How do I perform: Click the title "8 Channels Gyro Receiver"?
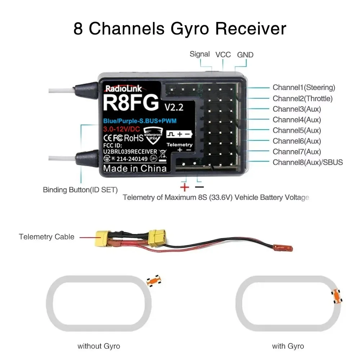pos(180,29)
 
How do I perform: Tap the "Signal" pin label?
pos(199,54)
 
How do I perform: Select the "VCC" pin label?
pos(223,55)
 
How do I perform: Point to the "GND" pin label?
pos(245,55)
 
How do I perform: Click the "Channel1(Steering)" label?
pos(304,87)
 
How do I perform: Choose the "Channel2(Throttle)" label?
pos(302,98)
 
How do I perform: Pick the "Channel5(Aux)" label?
pos(297,130)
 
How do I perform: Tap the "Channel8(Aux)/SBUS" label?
pos(308,162)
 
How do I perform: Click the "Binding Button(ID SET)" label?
pos(80,190)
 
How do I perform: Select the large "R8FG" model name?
pos(130,103)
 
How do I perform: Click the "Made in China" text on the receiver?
pos(135,168)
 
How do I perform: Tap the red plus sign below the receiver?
pos(185,187)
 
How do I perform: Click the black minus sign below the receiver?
pos(199,187)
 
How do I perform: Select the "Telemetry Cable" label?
pos(46,237)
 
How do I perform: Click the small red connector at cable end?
pos(283,248)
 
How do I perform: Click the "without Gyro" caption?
pos(99,346)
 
